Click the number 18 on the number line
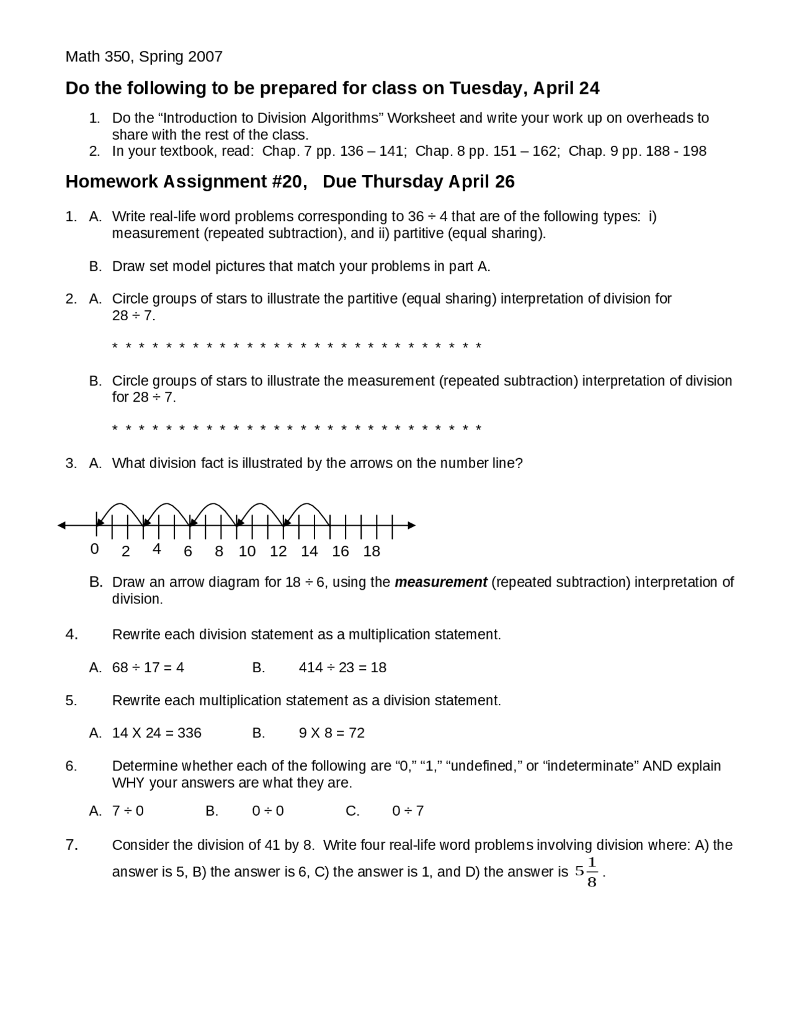[371, 551]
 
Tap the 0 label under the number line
[94, 549]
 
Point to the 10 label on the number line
[247, 551]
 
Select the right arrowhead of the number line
[411, 525]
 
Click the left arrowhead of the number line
[61, 525]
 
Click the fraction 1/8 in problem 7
[592, 872]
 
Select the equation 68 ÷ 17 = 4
[148, 667]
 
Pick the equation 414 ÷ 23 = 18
[342, 667]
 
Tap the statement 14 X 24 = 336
[156, 733]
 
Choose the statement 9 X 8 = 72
[331, 733]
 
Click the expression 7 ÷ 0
[128, 811]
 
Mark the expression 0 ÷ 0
[268, 811]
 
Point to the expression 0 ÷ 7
[408, 811]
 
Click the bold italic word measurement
[440, 582]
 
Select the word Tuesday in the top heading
[488, 89]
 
